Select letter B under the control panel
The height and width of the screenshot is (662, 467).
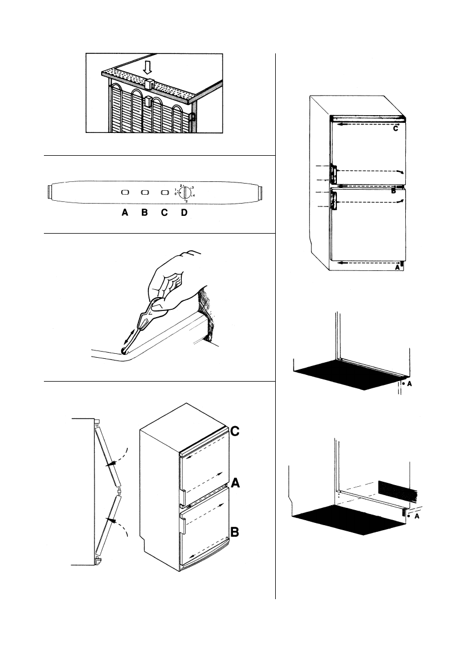point(145,213)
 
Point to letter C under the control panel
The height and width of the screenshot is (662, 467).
point(165,213)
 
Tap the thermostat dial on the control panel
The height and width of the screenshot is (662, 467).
point(186,193)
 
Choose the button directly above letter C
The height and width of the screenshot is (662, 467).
point(164,192)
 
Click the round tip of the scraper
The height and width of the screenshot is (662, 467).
point(124,350)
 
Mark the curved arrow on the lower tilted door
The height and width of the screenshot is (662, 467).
point(118,521)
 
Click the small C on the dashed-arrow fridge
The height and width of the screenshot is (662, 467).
point(395,129)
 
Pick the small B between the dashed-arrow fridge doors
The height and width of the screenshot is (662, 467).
point(393,190)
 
